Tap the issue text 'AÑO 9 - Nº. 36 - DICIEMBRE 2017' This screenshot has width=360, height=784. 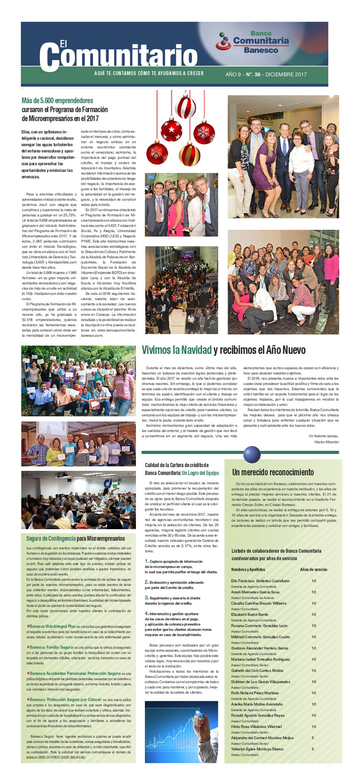pyautogui.click(x=266, y=74)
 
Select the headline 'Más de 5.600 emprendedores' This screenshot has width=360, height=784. pyautogui.click(x=57, y=100)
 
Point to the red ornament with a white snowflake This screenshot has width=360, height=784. pyautogui.click(x=204, y=132)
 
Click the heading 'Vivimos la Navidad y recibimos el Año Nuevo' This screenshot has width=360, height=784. pyautogui.click(x=223, y=350)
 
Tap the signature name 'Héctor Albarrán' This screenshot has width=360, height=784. pyautogui.click(x=326, y=442)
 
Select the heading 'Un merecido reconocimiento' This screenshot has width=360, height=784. pyautogui.click(x=273, y=472)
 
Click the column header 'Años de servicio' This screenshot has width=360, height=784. pyautogui.click(x=313, y=569)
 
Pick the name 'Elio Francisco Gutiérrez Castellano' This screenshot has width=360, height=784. pyautogui.click(x=260, y=581)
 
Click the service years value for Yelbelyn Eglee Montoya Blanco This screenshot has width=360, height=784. pyautogui.click(x=313, y=749)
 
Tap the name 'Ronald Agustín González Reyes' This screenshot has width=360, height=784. pyautogui.click(x=258, y=715)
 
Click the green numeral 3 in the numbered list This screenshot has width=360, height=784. pyautogui.click(x=147, y=597)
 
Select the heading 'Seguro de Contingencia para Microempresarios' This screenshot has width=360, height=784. pyautogui.click(x=76, y=539)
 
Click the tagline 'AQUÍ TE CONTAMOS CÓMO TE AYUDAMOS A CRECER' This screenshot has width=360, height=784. pyautogui.click(x=149, y=73)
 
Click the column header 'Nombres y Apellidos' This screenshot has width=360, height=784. pyautogui.click(x=248, y=569)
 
